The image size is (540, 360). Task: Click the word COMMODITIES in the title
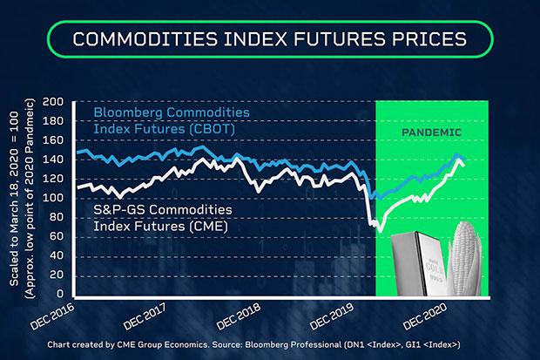(x=141, y=39)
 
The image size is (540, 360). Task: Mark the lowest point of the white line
(x=381, y=231)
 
